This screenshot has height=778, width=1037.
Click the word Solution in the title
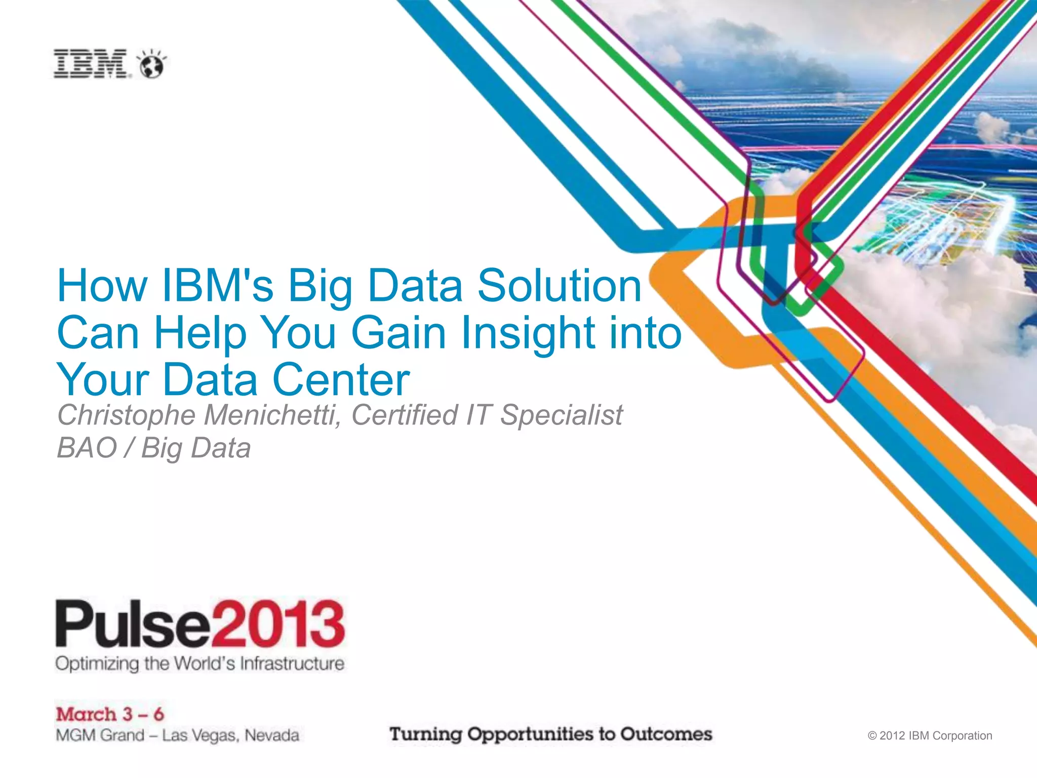pos(559,286)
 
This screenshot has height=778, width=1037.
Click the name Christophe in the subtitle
pos(127,415)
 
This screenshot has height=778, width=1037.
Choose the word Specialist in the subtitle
pos(562,415)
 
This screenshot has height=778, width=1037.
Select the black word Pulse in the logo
pos(133,624)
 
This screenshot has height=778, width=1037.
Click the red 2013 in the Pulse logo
pos(278,624)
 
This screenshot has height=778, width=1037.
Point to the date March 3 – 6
pos(110,714)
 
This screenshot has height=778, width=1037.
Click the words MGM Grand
pos(100,735)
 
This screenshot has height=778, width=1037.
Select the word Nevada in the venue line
pos(272,735)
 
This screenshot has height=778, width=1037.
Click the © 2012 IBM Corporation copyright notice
pos(930,735)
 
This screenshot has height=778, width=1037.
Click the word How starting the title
pos(102,286)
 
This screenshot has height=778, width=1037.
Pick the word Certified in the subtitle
pos(405,415)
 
